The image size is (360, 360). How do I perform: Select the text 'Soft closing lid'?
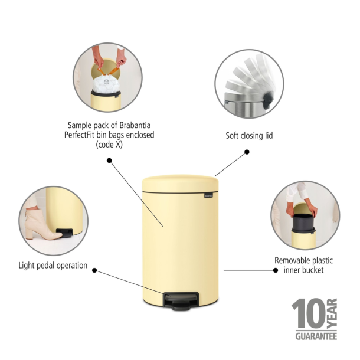[x=249, y=136]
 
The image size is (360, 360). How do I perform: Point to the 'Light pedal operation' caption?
[x=53, y=266]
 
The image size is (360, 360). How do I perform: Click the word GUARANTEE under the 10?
[x=313, y=336]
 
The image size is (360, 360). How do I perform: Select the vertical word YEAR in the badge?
[x=332, y=312]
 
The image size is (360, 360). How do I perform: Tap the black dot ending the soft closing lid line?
[x=247, y=152]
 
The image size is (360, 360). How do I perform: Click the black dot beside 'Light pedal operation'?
[x=96, y=270]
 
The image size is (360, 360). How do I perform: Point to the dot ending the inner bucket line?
[x=274, y=270]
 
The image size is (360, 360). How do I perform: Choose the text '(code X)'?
[x=111, y=144]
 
